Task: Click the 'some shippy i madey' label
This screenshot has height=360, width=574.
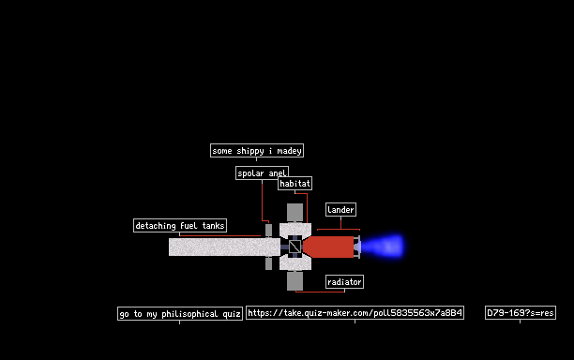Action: coord(257,150)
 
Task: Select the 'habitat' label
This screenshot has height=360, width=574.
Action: coord(295,184)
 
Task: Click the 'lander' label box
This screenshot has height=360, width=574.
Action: coord(340,210)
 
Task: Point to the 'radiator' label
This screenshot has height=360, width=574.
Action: coord(344,281)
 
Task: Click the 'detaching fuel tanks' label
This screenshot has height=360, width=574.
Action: coord(180,225)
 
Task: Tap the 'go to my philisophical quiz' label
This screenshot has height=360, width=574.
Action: coord(180,313)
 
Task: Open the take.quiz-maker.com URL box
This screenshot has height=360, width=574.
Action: coord(355,313)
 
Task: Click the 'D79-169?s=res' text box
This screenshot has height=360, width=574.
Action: coord(521,313)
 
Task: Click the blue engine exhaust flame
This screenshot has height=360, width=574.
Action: coord(383,247)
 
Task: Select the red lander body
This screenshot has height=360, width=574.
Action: coord(328,247)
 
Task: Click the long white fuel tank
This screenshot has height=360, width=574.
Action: coord(224,247)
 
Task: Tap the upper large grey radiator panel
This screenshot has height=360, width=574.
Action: coord(295,213)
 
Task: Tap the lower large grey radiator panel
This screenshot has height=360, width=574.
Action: coord(295,281)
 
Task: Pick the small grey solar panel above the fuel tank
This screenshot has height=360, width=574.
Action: coord(268,230)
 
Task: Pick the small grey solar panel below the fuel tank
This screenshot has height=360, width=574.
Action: coord(268,263)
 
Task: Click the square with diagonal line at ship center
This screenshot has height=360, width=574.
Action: coord(295,247)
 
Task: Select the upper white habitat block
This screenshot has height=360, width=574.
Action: coord(295,230)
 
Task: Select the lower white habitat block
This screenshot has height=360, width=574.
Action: coord(295,263)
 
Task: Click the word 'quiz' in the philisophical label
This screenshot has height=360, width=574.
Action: coord(232,314)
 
